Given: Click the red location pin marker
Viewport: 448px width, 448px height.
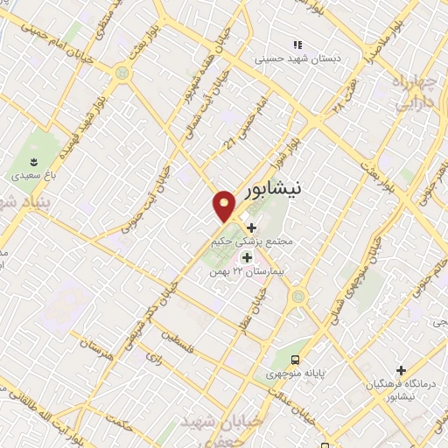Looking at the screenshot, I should [x=225, y=206].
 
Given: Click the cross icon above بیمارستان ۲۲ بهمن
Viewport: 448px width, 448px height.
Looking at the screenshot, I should [x=246, y=257].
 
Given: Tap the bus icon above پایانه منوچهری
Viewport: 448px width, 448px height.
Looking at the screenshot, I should [x=296, y=359].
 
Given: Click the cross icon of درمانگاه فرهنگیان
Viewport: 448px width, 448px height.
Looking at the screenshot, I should [x=402, y=370].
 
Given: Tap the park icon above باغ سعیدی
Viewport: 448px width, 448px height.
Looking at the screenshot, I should [x=34, y=162].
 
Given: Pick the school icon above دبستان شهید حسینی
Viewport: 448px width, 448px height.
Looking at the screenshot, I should [x=297, y=45].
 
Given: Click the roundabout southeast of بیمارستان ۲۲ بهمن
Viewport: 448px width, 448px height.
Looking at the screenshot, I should [x=299, y=296].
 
